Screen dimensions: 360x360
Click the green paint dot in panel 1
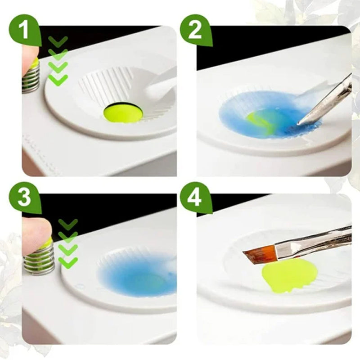[x=123, y=113]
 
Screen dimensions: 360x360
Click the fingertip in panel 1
[x=29, y=56]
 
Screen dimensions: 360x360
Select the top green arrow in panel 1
[x=58, y=41]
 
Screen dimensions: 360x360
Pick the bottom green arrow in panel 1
[x=58, y=80]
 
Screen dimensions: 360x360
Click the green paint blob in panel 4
[x=288, y=274]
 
